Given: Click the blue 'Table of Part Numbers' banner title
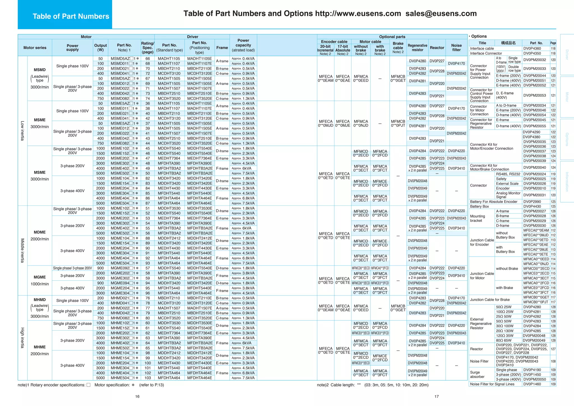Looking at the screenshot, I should [71, 16].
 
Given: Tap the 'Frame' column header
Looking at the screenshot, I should [222, 48].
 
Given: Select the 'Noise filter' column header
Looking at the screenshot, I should [456, 48].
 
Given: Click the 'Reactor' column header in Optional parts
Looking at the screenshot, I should [437, 48].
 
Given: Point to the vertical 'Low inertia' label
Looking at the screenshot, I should [22, 131].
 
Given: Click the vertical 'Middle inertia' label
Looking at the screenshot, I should [22, 250].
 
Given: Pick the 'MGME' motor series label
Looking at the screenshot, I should [40, 277].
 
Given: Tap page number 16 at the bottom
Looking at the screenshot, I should [137, 396].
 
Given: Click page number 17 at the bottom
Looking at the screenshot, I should [436, 396].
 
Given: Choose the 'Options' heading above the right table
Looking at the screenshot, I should [479, 36].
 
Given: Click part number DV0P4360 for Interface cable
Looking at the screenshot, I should [532, 49].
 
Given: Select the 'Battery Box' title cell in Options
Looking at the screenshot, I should [479, 206].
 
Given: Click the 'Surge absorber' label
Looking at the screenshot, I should [477, 375].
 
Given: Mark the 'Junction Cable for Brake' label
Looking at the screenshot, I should [490, 299].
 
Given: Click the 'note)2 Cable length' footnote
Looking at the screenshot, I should [372, 385].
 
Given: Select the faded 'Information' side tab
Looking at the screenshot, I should [567, 182].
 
